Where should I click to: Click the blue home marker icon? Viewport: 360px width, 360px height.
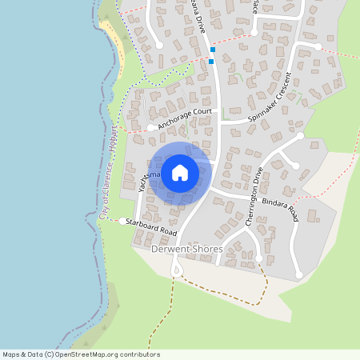click(x=180, y=173)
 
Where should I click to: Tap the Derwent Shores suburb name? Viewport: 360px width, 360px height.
click(x=186, y=249)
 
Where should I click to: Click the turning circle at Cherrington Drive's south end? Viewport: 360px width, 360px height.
click(x=259, y=258)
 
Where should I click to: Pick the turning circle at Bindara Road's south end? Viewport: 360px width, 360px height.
click(x=299, y=275)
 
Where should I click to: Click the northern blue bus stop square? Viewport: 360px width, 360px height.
click(x=213, y=50)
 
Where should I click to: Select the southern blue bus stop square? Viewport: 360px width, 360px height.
click(x=211, y=61)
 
